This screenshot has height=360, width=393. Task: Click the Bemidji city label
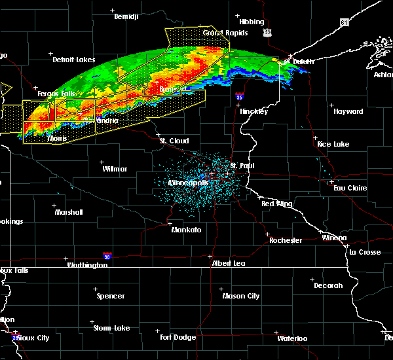[x=127, y=16]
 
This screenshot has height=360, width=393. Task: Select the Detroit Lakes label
[x=73, y=60]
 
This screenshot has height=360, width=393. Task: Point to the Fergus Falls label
[x=56, y=94]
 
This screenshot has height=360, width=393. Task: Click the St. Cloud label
[x=174, y=141]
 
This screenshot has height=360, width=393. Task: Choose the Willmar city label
[x=115, y=168]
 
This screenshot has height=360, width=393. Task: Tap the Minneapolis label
[x=188, y=183]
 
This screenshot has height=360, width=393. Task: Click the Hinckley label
[x=253, y=111]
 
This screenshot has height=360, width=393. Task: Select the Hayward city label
[x=348, y=111]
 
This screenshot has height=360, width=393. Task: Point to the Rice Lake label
[x=333, y=143]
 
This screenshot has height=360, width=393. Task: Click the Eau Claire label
[x=347, y=188]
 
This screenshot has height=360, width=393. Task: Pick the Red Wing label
[x=276, y=204]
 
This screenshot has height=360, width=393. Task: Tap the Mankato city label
[x=186, y=230]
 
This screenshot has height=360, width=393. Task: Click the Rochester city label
[x=286, y=240]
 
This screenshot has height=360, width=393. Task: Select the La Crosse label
[x=364, y=251]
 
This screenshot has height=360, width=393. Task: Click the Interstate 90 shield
[x=107, y=257]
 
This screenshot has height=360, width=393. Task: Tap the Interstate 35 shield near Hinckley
[x=240, y=96]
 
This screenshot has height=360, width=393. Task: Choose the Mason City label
[x=240, y=296]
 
